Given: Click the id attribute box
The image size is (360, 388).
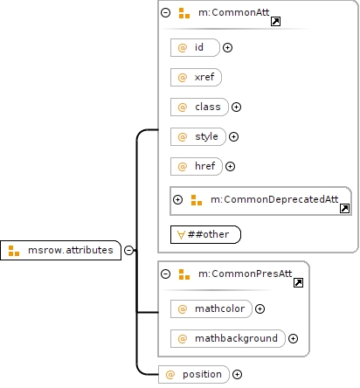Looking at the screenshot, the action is click(195, 47).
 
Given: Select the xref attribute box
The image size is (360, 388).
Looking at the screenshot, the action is click(196, 77).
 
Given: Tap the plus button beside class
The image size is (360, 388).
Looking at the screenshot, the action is click(236, 107).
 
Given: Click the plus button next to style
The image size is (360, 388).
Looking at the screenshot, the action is click(233, 136).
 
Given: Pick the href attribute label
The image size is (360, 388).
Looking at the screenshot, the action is click(205, 166).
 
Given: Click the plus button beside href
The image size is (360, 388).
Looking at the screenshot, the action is click(230, 166).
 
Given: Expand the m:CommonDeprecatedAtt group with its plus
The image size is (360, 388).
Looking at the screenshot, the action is click(177, 199).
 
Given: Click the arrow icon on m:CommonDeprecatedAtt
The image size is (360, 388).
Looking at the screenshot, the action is click(344, 208).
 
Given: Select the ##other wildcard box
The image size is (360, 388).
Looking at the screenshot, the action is click(205, 234).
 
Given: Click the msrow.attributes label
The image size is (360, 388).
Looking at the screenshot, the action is click(71, 250).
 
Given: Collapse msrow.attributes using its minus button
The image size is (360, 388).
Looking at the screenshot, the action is click(128, 250).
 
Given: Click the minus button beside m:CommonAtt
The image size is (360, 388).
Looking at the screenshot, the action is click(165, 12).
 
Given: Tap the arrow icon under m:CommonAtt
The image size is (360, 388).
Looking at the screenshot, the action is click(275, 21).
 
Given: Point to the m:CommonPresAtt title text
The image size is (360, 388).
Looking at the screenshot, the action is click(245, 274).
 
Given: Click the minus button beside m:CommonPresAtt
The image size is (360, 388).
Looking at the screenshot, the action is click(165, 274).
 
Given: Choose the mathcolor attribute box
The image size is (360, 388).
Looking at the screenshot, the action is click(211, 308).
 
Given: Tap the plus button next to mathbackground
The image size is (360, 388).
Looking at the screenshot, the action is click(293, 338).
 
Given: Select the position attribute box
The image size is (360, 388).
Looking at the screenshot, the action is click(194, 374).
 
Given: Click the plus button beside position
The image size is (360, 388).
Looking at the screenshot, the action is click(237, 374).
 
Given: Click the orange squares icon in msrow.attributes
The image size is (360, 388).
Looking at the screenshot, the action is click(14, 251).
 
